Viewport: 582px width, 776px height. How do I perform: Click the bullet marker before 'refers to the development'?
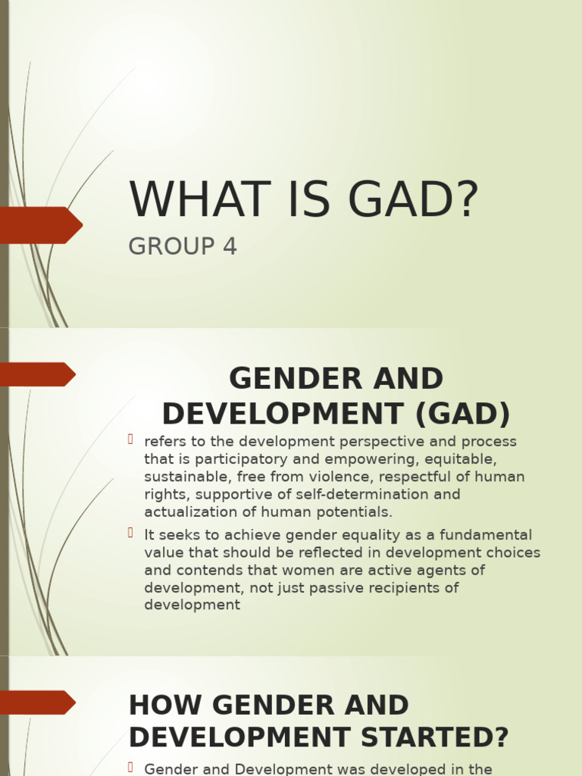click(131, 440)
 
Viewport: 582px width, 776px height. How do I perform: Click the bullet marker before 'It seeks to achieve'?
click(131, 533)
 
